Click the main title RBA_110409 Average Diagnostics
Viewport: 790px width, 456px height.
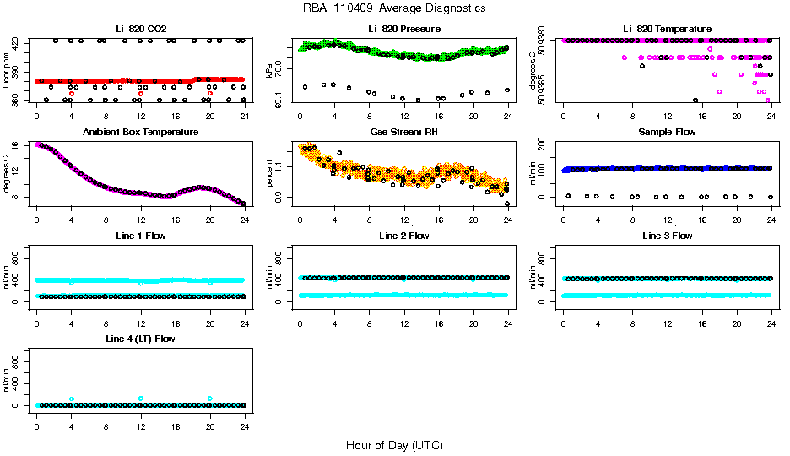point(394,8)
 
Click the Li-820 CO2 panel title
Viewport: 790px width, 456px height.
point(140,30)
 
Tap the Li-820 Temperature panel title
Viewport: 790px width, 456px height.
point(667,30)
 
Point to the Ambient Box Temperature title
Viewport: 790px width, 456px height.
point(140,133)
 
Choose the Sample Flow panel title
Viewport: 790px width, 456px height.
point(667,133)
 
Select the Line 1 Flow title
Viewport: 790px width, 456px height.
point(140,236)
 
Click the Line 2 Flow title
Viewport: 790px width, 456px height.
point(403,236)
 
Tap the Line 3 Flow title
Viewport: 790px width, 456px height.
point(667,236)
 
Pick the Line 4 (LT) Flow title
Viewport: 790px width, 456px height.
point(140,339)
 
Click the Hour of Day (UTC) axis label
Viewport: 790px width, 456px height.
point(394,445)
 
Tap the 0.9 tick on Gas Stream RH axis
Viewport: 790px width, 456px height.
point(283,197)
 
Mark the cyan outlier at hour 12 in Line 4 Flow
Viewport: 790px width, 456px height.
point(140,399)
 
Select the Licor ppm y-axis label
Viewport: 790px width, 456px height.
point(7,72)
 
